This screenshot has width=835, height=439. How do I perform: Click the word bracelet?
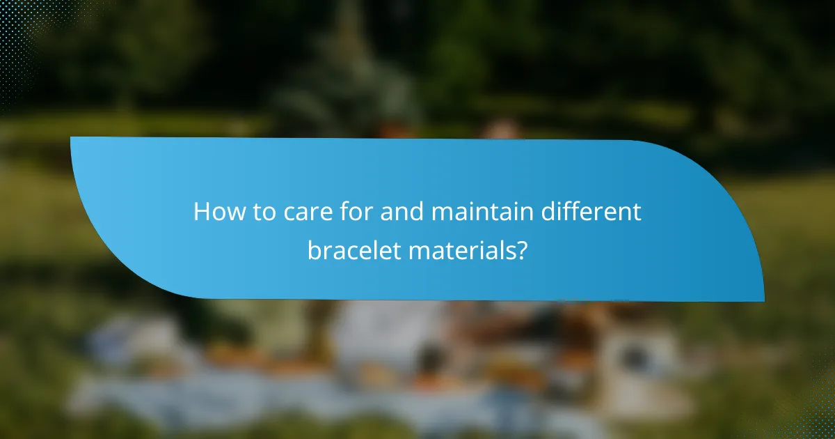point(353,251)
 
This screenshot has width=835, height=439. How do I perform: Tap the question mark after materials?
point(520,251)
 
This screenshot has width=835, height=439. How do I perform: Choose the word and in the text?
point(403,212)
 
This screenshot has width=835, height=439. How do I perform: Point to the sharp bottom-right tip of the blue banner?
point(763,300)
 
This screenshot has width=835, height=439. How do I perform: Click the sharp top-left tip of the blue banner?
point(72,138)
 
